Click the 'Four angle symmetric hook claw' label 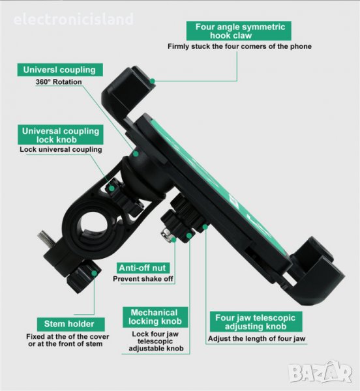[239, 31]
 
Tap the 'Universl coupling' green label [60, 70]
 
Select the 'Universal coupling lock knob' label [61, 135]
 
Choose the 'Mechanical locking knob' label [155, 317]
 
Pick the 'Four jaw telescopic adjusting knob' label [256, 322]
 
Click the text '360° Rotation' [59, 82]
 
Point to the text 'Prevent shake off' [143, 279]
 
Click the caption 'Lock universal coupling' [61, 150]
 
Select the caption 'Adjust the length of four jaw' [257, 339]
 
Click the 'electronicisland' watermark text [74, 20]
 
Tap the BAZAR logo [320, 371]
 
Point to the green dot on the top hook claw [153, 81]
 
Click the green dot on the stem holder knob [94, 273]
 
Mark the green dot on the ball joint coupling [136, 154]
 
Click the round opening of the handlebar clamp [93, 224]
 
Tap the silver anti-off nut [166, 235]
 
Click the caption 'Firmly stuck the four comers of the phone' [239, 47]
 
